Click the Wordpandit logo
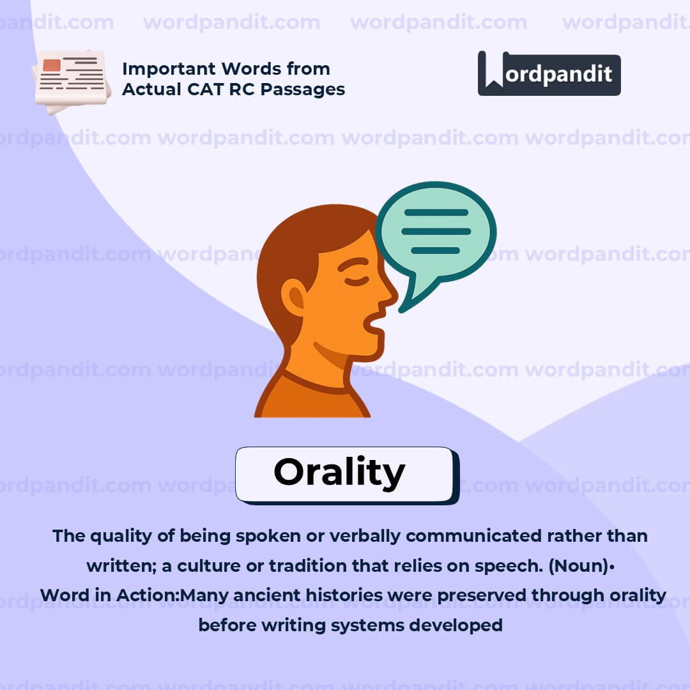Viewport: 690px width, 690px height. (549, 73)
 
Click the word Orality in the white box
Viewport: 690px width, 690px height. (339, 473)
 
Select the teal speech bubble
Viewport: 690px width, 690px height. (436, 234)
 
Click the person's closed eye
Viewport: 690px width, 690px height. (356, 280)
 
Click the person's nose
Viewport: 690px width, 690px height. (388, 295)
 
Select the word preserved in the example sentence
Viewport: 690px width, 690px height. (476, 595)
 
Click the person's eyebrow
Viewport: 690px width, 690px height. (353, 263)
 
